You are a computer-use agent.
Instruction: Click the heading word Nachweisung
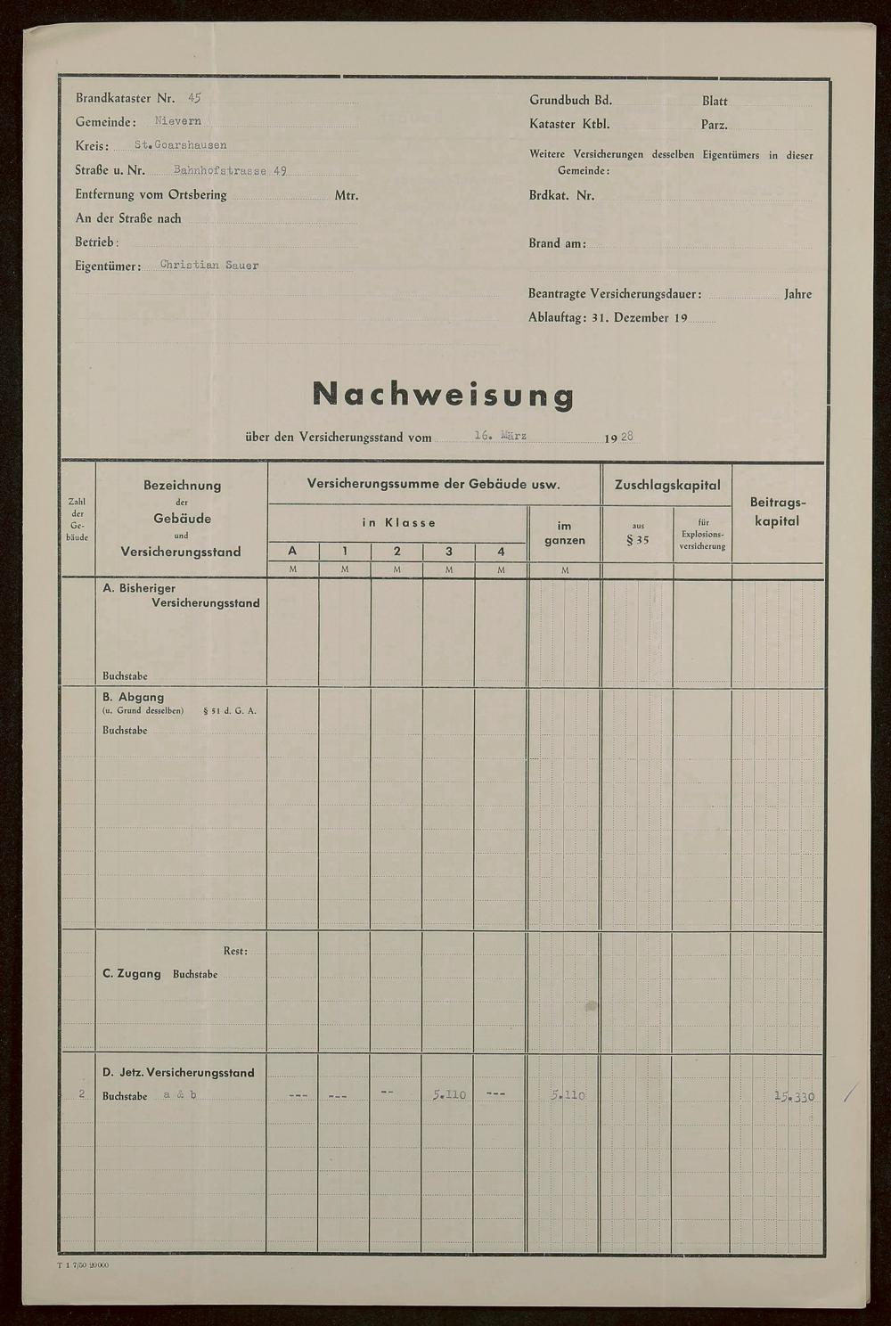click(x=443, y=394)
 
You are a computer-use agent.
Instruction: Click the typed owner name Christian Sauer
click(x=209, y=266)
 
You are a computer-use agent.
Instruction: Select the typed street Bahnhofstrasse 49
click(x=230, y=170)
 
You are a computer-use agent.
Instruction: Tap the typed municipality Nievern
click(x=178, y=121)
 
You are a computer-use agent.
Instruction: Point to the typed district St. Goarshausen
click(x=180, y=145)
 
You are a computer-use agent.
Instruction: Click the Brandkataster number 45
click(x=194, y=98)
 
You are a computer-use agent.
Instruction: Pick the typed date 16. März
click(x=500, y=436)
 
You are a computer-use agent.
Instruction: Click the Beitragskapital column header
click(x=777, y=512)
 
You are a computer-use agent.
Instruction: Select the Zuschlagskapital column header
click(x=666, y=485)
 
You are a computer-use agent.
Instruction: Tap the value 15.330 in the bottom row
click(x=794, y=1096)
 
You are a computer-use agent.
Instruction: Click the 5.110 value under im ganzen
click(x=568, y=1094)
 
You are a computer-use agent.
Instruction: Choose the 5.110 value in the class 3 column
click(x=449, y=1094)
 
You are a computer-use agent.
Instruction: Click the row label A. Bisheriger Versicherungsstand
click(x=181, y=595)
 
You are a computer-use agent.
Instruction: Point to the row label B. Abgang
click(x=134, y=697)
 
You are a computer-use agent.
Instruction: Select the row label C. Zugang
click(x=132, y=974)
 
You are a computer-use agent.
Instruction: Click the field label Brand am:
click(x=557, y=242)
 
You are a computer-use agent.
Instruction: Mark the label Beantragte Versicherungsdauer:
click(x=614, y=293)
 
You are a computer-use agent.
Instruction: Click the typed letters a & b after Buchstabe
click(x=180, y=1095)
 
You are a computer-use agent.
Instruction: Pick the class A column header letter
click(x=292, y=552)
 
